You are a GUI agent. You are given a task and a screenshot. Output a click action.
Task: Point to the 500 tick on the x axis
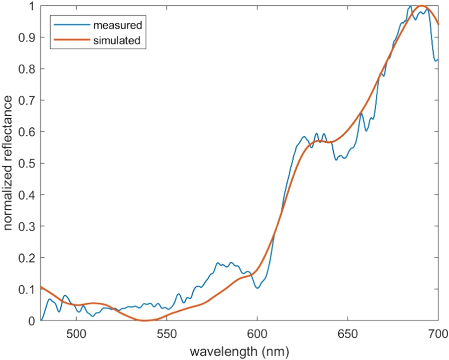77,332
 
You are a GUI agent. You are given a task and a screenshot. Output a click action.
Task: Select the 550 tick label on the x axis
167,332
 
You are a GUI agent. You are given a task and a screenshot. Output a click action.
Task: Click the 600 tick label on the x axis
257,332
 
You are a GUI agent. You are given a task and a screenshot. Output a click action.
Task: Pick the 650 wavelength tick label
347,332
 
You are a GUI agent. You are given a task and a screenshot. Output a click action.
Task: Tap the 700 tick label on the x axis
438,332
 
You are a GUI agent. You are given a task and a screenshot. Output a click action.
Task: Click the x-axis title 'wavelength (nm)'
239,352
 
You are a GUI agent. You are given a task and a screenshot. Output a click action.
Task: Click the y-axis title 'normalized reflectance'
8,163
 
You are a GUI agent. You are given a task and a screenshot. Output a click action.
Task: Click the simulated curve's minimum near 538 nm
145,320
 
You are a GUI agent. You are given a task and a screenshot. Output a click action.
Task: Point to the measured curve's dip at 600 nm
258,288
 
